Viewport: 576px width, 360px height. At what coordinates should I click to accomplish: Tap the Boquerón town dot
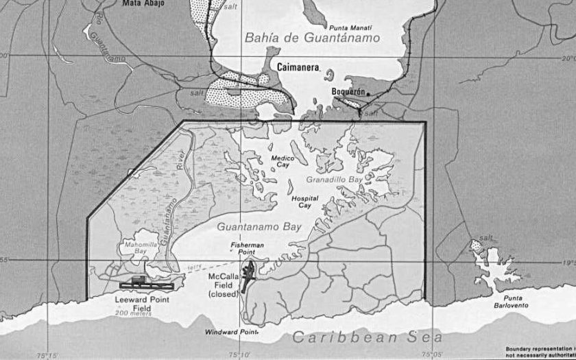[368, 93]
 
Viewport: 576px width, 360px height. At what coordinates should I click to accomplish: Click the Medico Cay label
[283, 161]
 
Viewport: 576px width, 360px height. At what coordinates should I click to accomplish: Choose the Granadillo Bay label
[334, 180]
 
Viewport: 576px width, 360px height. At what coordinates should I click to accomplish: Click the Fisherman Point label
[247, 248]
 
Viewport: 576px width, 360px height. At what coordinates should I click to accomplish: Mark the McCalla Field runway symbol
[246, 276]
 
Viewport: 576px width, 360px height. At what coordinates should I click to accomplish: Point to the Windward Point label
[229, 333]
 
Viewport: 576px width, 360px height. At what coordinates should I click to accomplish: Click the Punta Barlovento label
[517, 302]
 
